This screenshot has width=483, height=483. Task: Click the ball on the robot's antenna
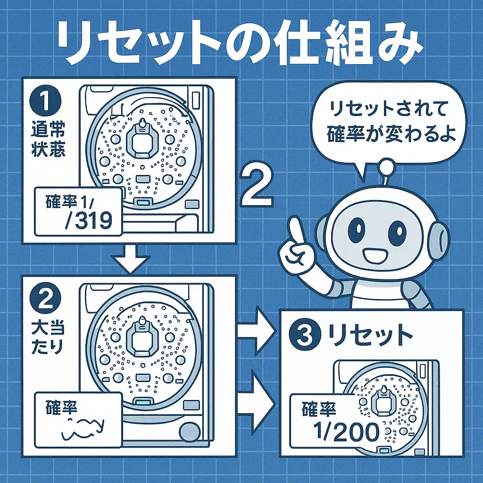[388, 167]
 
